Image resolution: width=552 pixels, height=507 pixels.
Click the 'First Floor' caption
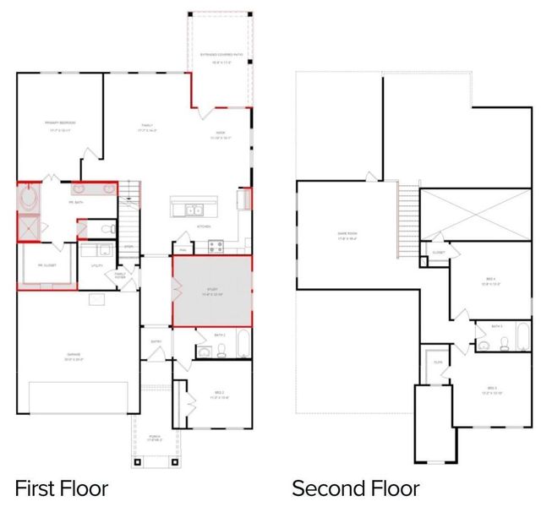click(x=62, y=488)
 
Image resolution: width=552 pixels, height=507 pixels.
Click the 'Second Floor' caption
click(x=355, y=488)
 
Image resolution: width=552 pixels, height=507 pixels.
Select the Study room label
click(x=211, y=292)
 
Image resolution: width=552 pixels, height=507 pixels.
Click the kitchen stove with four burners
click(x=214, y=247)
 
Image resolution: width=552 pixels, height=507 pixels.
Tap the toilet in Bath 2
click(x=221, y=350)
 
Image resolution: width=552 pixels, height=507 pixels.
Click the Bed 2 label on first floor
click(x=219, y=395)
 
